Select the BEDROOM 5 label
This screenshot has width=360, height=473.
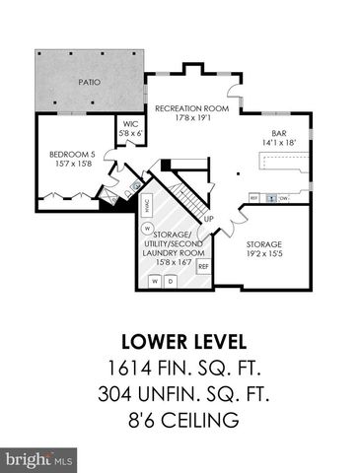[x=69, y=155]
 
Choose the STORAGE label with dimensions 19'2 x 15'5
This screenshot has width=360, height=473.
[x=263, y=243]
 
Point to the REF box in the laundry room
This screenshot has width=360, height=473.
[x=203, y=266]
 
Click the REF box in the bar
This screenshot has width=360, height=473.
[x=253, y=197]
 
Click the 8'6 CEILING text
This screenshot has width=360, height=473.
[x=180, y=421]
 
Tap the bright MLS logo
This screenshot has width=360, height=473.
[x=39, y=459]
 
